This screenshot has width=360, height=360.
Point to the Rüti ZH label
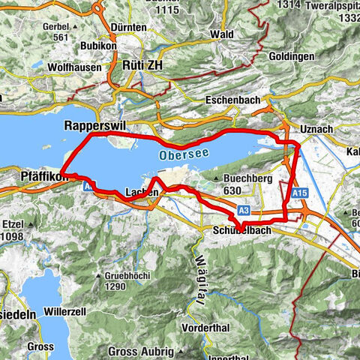click(x=140, y=66)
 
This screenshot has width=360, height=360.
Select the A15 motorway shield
click(x=300, y=193)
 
